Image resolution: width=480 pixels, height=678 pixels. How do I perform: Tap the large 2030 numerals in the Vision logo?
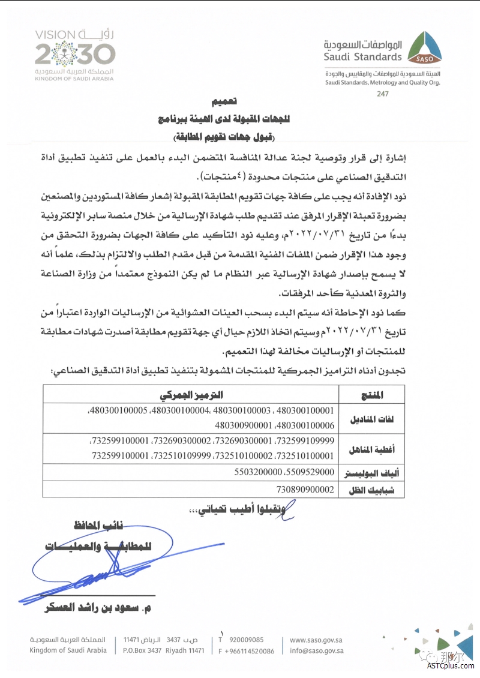pyautogui.click(x=74, y=55)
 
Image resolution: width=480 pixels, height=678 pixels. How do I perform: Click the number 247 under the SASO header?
pyautogui.click(x=383, y=95)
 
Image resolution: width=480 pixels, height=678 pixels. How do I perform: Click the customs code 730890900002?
pyautogui.click(x=305, y=490)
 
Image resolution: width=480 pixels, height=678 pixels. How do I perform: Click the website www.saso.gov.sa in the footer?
pyautogui.click(x=316, y=640)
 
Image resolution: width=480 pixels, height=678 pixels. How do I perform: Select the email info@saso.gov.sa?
pyautogui.click(x=317, y=650)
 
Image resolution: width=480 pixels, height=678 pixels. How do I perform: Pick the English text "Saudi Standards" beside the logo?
pyautogui.click(x=362, y=57)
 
